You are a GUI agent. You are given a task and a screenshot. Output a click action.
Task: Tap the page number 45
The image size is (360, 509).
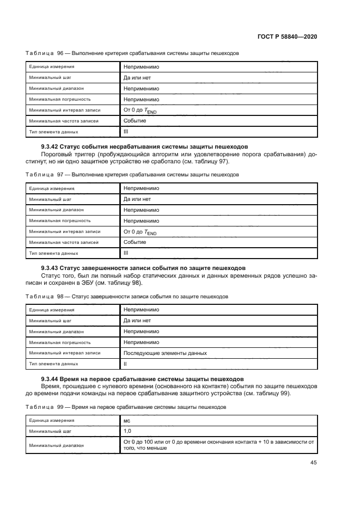pos(314,463)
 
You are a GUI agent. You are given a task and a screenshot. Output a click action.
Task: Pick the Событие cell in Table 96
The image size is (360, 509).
pos(135,120)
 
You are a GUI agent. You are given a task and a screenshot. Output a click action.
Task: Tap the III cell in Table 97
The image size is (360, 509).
pos(126,253)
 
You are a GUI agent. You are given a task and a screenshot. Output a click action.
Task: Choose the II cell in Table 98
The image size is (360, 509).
pos(125,364)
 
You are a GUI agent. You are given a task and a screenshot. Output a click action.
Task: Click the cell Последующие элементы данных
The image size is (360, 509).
pos(165,353)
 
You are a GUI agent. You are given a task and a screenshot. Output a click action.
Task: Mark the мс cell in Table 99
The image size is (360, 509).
pos(127,420)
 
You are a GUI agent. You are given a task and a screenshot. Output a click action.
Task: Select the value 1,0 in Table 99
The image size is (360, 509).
pos(128,431)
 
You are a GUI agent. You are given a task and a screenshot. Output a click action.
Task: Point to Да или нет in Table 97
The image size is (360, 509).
pos(137,199)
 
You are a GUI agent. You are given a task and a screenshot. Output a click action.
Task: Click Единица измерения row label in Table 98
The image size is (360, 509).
pos(52,310)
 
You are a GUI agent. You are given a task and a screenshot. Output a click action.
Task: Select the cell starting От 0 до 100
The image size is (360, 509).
pos(218,445)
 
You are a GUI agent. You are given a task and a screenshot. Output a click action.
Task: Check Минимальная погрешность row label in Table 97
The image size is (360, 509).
pos(60,220)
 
